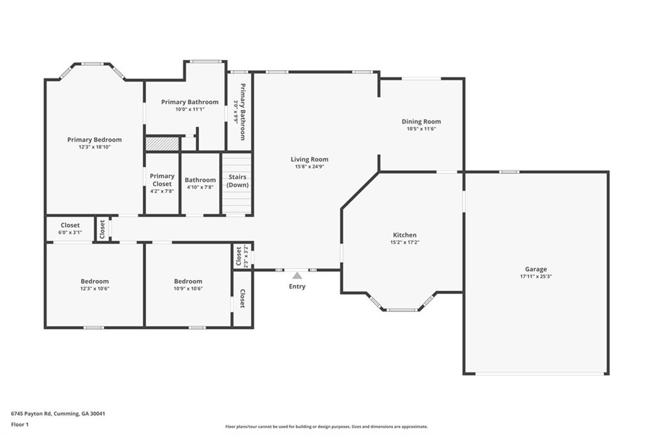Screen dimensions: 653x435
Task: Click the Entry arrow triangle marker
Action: click(x=297, y=276)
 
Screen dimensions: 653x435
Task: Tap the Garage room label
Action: click(x=536, y=269)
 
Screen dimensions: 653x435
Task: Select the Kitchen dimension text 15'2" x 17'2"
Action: click(x=404, y=242)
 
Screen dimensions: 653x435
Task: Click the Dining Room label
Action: click(x=421, y=122)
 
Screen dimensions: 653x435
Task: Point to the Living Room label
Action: click(x=309, y=159)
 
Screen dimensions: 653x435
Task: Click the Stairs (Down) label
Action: click(x=237, y=181)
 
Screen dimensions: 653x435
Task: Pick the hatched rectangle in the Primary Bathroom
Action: click(x=162, y=144)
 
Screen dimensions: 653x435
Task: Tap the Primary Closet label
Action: click(x=162, y=180)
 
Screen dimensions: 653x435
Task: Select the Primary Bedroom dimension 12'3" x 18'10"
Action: click(x=94, y=147)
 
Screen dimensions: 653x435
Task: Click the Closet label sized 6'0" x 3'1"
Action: click(x=70, y=225)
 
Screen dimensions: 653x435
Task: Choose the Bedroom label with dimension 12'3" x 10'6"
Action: click(x=95, y=281)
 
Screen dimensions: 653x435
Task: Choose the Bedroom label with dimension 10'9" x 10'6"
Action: click(x=188, y=281)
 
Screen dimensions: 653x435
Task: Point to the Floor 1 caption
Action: click(x=20, y=425)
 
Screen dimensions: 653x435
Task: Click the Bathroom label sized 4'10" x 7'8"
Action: click(x=200, y=180)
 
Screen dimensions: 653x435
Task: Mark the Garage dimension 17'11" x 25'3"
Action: click(x=536, y=276)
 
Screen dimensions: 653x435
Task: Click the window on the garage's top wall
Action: click(x=509, y=172)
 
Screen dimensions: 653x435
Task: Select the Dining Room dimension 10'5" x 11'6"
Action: click(x=421, y=129)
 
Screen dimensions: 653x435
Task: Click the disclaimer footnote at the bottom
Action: click(x=326, y=427)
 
